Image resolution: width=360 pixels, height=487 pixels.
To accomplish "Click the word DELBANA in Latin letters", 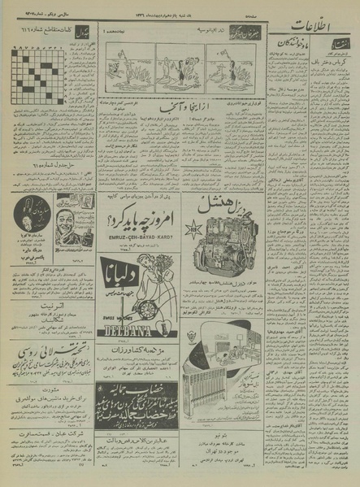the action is click(132, 332).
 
